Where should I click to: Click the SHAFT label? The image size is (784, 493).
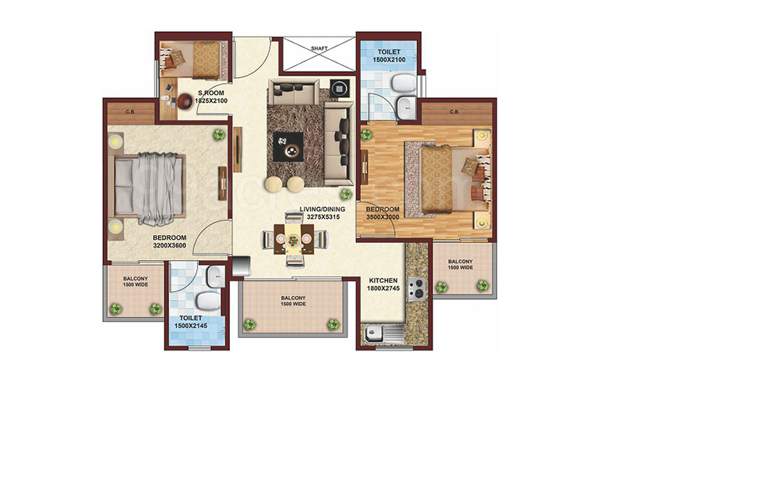click(319, 48)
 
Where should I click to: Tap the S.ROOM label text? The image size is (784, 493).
click(211, 93)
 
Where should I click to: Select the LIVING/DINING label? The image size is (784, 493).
click(323, 210)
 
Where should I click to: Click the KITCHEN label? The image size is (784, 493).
click(383, 280)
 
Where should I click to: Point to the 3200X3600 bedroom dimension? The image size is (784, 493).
click(169, 246)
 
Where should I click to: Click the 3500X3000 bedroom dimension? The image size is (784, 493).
click(383, 217)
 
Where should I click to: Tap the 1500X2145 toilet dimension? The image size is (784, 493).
click(190, 326)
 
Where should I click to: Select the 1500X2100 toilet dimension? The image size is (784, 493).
click(389, 60)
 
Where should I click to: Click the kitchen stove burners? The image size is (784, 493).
click(417, 289)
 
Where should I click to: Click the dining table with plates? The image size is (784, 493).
click(294, 239)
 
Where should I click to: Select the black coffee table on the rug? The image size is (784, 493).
click(288, 147)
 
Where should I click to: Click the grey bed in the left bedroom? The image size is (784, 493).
click(150, 188)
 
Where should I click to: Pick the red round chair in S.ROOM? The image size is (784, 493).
click(185, 101)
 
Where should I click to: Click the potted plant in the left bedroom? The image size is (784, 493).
click(219, 135)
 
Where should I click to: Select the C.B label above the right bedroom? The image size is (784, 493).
click(454, 112)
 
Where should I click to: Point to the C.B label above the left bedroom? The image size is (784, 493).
click(130, 112)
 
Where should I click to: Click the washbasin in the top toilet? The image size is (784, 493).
click(405, 107)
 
